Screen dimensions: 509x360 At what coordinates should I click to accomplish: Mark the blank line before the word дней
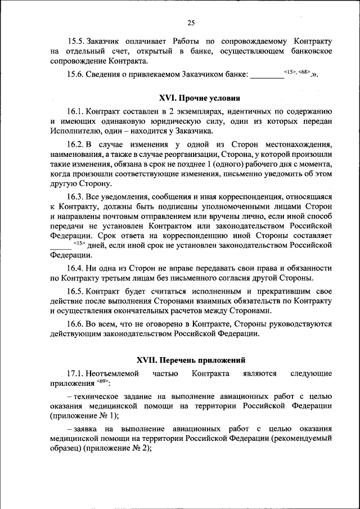tap(60, 246)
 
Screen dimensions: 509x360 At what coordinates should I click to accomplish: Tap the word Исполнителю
tap(76, 130)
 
